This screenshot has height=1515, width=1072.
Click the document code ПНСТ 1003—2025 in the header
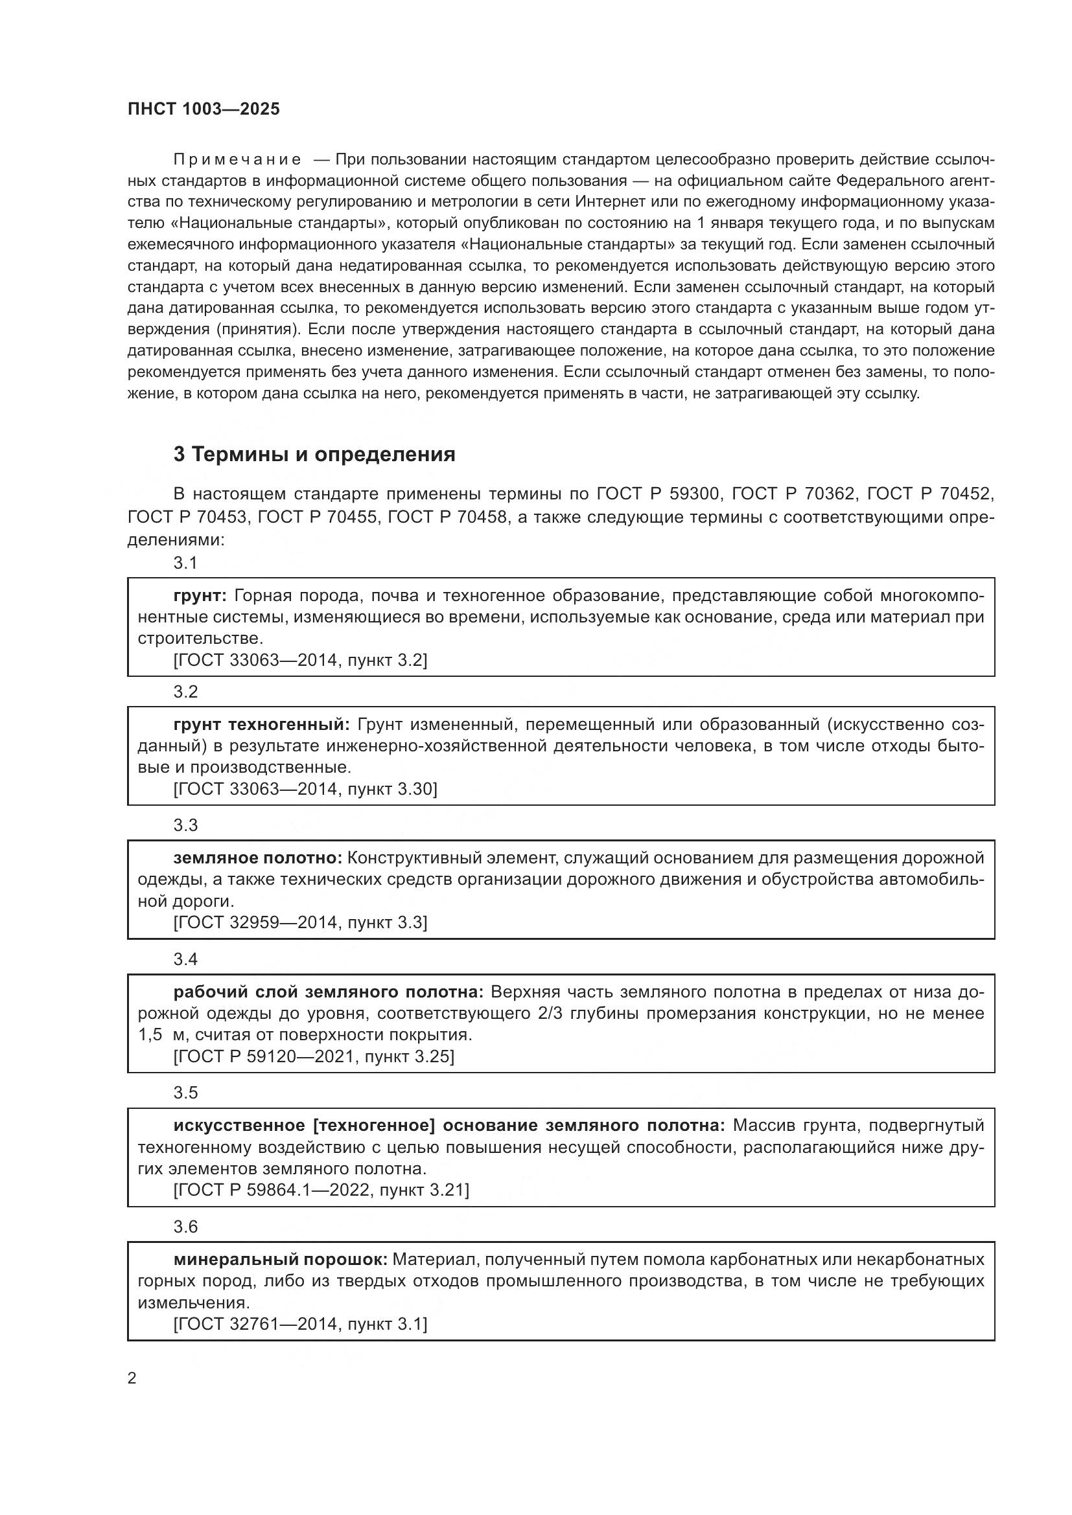point(204,109)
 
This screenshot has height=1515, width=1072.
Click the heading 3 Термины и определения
point(314,454)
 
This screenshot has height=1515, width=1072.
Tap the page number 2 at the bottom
point(132,1378)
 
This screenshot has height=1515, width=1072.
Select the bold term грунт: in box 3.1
point(200,595)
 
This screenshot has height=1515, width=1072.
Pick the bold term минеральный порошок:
point(281,1259)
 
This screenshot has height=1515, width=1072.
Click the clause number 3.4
point(185,959)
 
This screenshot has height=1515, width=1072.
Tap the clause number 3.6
point(185,1226)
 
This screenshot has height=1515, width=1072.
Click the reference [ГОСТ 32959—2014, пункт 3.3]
point(300,922)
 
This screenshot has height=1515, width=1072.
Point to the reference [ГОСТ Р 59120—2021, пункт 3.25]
point(314,1056)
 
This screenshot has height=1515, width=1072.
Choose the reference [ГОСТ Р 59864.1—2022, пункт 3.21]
point(321,1190)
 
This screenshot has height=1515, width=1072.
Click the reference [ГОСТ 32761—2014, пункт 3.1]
point(300,1324)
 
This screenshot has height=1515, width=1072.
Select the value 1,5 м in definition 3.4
point(163,1034)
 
